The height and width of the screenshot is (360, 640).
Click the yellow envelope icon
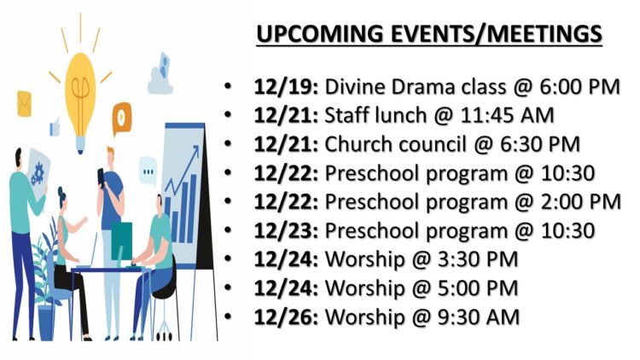pyautogui.click(x=24, y=104)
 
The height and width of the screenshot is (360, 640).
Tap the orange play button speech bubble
pyautogui.click(x=122, y=119)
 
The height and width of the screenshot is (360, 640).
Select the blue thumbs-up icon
pyautogui.click(x=55, y=127)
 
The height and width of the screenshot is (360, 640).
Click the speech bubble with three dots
pyautogui.click(x=148, y=171)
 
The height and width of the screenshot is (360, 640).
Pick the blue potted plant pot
pyautogui.click(x=46, y=322)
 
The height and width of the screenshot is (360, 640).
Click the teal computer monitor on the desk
pyautogui.click(x=122, y=241)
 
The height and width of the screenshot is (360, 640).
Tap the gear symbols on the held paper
pyautogui.click(x=38, y=174)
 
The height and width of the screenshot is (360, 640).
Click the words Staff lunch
pyautogui.click(x=375, y=115)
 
